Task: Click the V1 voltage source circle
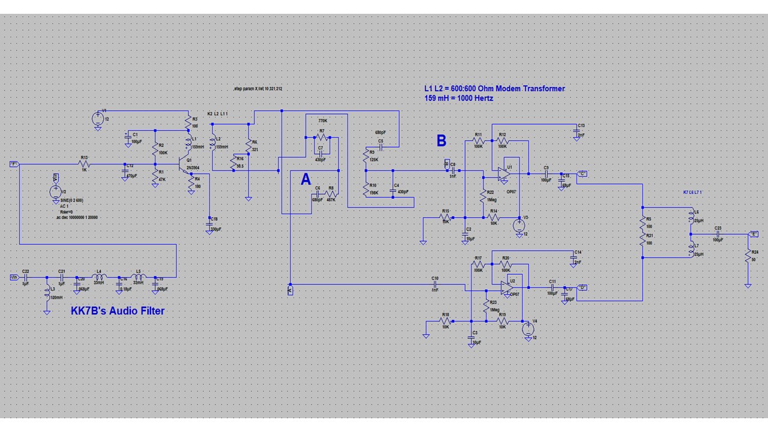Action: [97, 118]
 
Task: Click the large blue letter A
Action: [306, 179]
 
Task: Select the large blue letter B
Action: [441, 141]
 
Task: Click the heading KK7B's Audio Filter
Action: [118, 310]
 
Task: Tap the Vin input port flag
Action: [14, 277]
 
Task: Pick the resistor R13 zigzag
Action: [84, 164]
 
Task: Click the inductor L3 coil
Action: [46, 294]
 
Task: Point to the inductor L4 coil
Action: [100, 277]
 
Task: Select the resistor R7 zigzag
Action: [322, 137]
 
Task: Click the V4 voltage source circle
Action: [528, 328]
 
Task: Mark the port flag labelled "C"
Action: [583, 174]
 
